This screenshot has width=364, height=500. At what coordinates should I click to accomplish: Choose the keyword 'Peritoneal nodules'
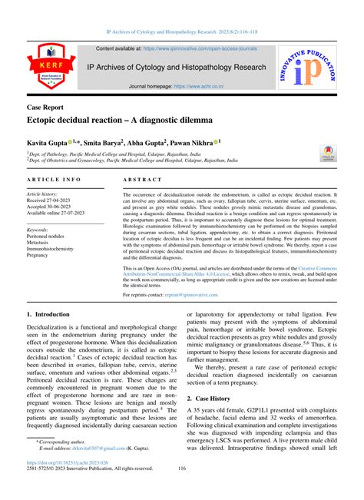tap(51, 236)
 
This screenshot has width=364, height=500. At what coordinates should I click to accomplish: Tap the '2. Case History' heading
tap(210, 399)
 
